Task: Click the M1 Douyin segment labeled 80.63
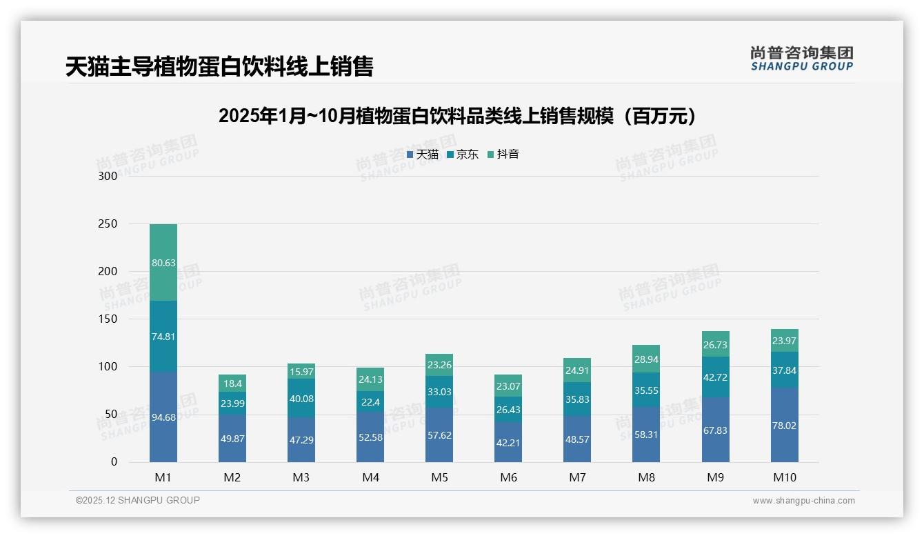tap(163, 262)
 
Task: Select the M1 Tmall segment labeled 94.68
tap(163, 417)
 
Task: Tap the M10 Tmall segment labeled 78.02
tap(784, 426)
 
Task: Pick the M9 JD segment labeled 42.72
tap(715, 377)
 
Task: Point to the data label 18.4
tap(232, 383)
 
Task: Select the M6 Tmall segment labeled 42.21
tap(508, 442)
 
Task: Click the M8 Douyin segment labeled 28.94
tap(646, 359)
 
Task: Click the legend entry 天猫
tap(423, 155)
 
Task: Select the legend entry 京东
tap(463, 155)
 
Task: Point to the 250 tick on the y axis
tap(108, 224)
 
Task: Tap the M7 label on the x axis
tap(577, 477)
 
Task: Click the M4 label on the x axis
tap(370, 477)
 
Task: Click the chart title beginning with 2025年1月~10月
tap(456, 116)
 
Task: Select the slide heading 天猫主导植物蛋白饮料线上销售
tap(219, 67)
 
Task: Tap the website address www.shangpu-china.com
tap(803, 501)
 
